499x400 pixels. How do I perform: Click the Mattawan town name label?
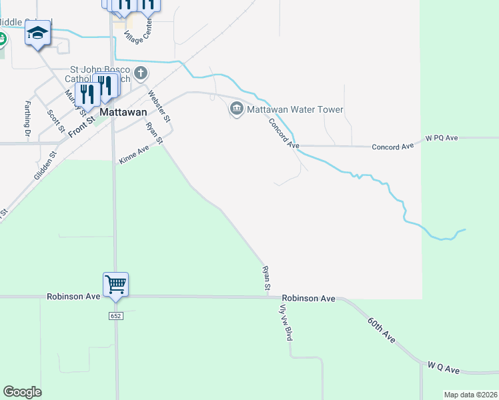pos(123,113)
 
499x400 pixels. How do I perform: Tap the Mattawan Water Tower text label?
pos(295,109)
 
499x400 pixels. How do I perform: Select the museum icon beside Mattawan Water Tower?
pos(236,109)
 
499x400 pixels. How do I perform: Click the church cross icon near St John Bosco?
pos(140,72)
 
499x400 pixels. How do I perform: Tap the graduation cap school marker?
pos(38,32)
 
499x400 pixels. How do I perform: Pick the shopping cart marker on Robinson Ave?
pos(115,285)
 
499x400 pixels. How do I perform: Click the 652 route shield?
pos(115,315)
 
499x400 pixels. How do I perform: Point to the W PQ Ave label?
pos(442,138)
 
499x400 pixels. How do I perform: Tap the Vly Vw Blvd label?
pos(286,322)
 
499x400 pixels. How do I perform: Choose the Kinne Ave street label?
pos(133,156)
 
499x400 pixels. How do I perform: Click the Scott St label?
pos(53,120)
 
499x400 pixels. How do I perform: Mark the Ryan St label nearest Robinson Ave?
pos(266,278)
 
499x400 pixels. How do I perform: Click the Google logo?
pos(22,392)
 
